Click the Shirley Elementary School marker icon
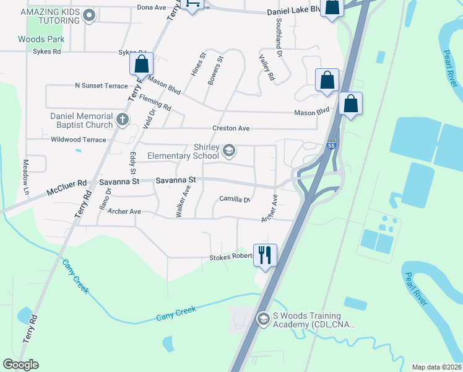229,150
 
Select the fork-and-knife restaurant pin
265,254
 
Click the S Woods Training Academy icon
262,319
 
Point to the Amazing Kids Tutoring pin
90,15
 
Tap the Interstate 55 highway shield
332,144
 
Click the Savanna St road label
175,180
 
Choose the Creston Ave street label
230,128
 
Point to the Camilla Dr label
234,200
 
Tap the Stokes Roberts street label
232,257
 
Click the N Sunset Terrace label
101,86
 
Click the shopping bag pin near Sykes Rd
141,64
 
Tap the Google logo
21,365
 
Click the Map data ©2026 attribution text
436,367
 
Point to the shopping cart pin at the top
193,5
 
